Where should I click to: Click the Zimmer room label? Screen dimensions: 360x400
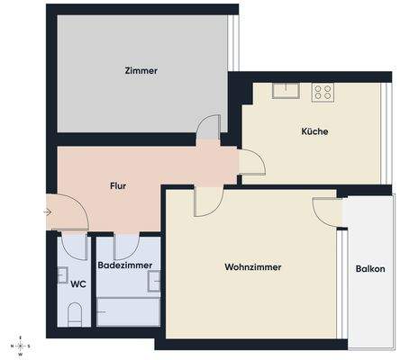[x=141, y=71]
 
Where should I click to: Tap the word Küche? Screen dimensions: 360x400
[x=314, y=131]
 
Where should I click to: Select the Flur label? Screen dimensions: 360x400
[x=117, y=185]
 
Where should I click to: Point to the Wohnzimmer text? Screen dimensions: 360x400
[x=253, y=267]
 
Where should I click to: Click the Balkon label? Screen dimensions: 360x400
[x=370, y=269]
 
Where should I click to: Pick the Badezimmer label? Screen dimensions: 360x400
[x=125, y=266]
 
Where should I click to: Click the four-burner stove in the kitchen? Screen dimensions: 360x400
[x=323, y=91]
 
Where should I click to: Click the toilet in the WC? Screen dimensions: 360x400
[x=76, y=315]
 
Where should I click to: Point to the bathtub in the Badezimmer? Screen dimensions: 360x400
[x=127, y=314]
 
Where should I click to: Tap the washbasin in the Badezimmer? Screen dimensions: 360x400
[x=154, y=282]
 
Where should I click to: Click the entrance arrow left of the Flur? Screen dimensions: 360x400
[x=47, y=212]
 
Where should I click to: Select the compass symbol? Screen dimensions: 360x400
[x=19, y=346]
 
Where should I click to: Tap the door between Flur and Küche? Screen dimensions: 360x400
[x=251, y=162]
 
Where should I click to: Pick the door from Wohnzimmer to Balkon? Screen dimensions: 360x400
[x=325, y=209]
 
